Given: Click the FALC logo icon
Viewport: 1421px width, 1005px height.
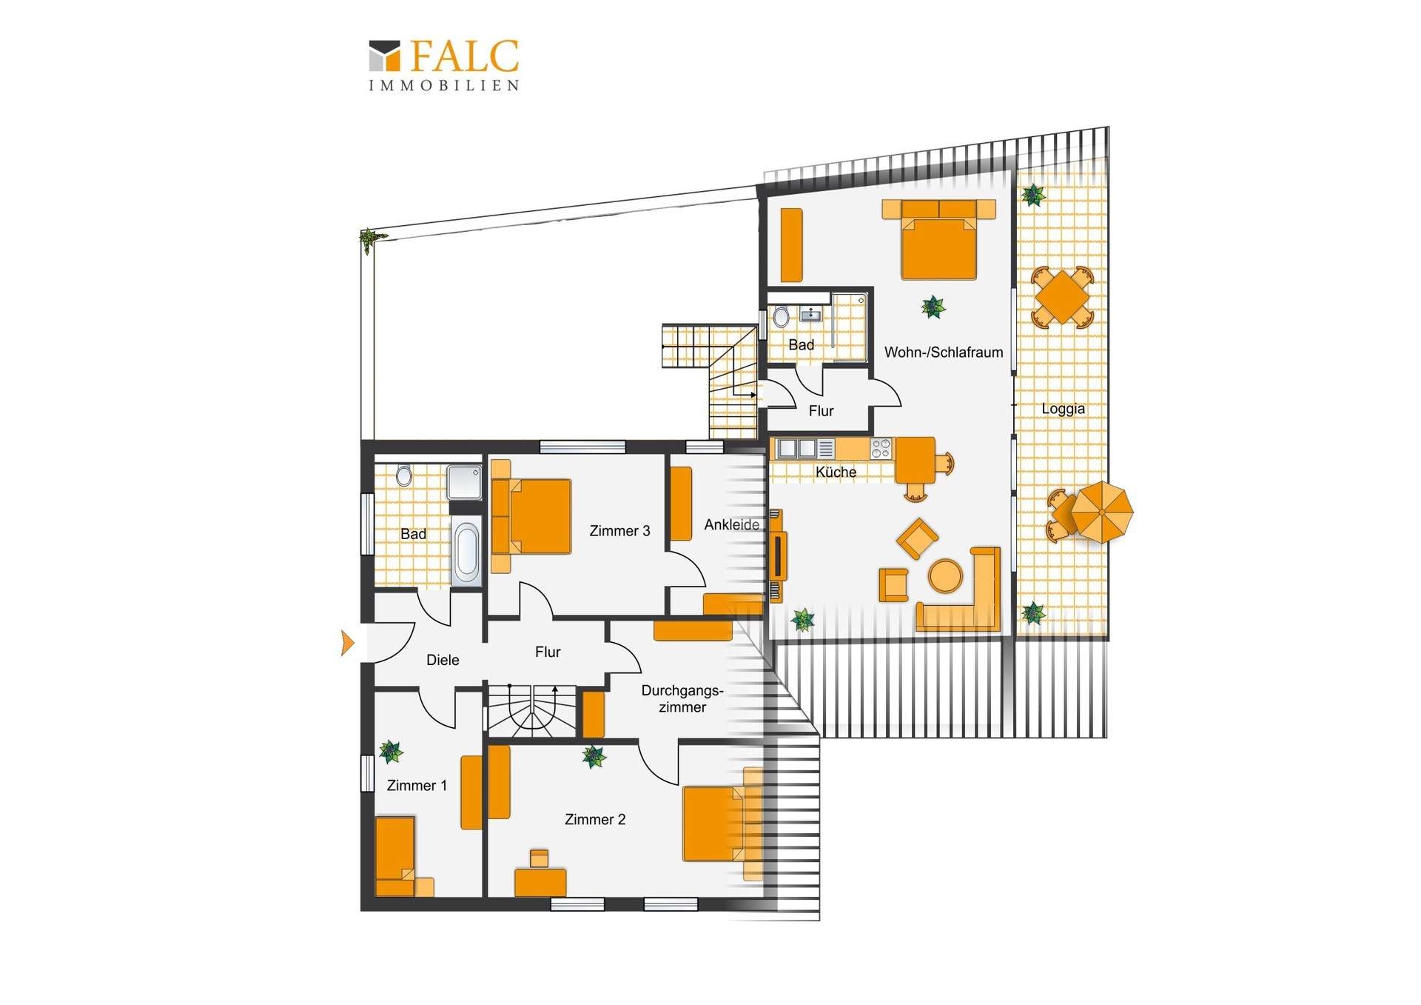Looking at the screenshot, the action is pos(384,56).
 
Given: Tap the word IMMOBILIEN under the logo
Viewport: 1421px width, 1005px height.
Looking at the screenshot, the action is pos(444,85).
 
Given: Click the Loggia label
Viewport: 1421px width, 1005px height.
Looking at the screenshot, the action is pos(1063,409).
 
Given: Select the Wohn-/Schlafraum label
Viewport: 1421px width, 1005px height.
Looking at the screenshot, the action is pos(944,353).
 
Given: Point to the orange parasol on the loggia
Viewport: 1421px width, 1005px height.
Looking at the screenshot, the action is pos(1102,512).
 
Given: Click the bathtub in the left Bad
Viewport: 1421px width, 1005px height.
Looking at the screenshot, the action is pos(466,552).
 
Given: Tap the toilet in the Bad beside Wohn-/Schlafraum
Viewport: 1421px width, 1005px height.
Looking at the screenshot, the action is pos(781,318).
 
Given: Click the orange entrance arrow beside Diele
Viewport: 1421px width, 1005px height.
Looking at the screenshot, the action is pos(347,643).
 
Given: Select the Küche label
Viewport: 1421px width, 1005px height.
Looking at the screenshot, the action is pos(836,472).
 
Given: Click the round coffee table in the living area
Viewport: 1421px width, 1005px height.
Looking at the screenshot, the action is pos(945,575).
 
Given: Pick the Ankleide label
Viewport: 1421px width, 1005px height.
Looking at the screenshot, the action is pos(731,524).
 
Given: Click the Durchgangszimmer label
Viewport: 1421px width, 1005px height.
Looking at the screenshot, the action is pos(682,698).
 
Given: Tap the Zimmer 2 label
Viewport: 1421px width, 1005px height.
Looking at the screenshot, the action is pos(595,819).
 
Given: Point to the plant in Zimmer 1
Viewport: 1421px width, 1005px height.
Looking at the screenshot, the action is pos(391,752).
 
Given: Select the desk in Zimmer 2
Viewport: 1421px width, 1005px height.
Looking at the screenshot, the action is pos(540,882).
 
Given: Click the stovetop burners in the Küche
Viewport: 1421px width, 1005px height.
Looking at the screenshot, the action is pos(881,448).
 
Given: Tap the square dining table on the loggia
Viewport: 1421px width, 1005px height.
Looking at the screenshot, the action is pos(1062,297).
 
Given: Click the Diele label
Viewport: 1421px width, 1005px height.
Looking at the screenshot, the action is pos(443,660).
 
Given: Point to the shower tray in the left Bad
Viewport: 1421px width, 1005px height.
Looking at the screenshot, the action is pos(464,482).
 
